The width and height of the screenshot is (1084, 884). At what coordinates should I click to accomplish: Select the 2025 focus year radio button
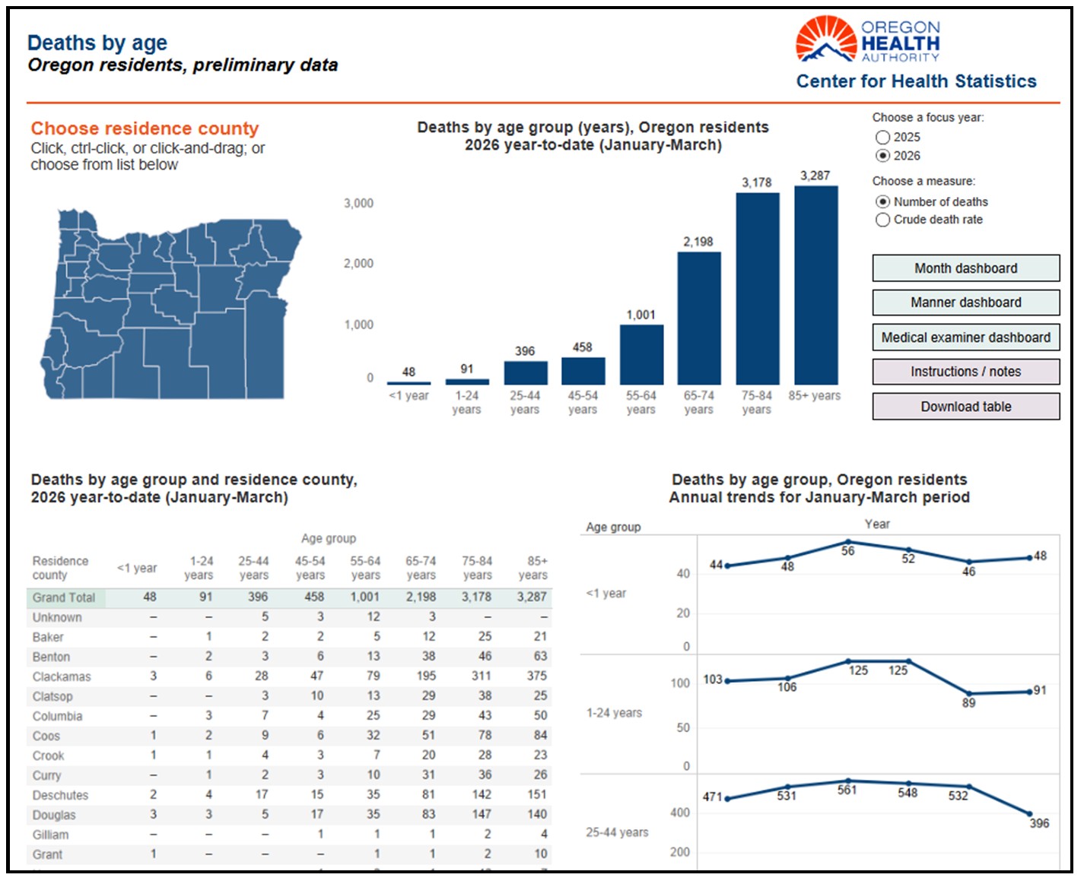[882, 137]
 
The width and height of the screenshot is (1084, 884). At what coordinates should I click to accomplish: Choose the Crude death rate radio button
[882, 220]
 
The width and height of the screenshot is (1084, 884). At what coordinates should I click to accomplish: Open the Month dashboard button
[965, 268]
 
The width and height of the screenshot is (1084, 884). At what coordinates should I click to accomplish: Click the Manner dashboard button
[965, 303]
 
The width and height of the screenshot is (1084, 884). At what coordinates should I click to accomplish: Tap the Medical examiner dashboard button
[965, 337]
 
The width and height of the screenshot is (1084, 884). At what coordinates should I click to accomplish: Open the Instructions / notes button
[965, 372]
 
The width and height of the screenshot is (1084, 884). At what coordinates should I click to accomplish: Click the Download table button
[965, 407]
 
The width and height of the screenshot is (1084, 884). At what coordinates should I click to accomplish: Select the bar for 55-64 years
[641, 354]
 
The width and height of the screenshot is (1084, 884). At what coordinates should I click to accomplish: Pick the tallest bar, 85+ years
[815, 285]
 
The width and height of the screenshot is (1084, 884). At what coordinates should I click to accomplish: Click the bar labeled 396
[525, 373]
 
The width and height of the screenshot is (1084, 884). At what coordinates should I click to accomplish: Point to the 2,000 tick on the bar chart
[358, 264]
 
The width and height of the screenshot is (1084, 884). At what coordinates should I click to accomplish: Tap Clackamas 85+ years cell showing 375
[536, 676]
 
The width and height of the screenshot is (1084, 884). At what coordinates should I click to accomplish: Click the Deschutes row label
[60, 795]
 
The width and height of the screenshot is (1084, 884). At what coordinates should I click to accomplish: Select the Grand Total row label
[64, 597]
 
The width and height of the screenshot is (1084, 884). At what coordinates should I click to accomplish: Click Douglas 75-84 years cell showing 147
[481, 814]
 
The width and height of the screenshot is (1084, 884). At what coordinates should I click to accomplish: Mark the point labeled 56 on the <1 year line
[848, 542]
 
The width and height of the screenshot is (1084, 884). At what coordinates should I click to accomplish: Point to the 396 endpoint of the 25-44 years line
[1029, 814]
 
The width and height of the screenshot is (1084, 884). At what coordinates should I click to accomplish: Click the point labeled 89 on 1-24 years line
[969, 694]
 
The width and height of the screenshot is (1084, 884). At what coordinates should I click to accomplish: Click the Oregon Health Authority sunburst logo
[825, 39]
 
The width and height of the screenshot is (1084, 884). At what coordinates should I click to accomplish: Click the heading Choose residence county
[145, 128]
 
